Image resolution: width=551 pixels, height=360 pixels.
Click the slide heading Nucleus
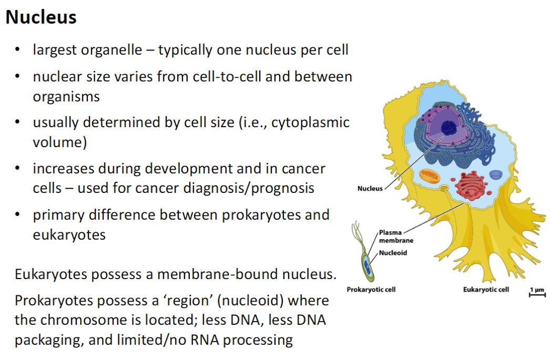click(x=41, y=17)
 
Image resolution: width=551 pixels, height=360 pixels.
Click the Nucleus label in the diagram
click(x=370, y=188)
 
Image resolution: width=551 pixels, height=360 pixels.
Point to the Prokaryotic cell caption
click(x=371, y=289)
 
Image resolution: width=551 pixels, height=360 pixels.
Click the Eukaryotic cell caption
click(x=486, y=289)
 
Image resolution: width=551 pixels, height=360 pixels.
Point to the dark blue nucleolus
click(x=449, y=127)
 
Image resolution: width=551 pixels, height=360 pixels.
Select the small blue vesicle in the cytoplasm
click(x=496, y=174)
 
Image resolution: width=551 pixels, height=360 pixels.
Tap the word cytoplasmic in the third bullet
click(x=310, y=122)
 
